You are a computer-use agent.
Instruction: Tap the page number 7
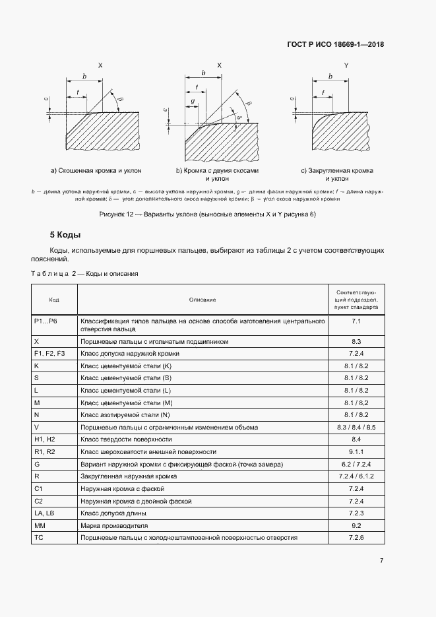tap(381, 561)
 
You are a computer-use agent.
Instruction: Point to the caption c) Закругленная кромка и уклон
tap(337, 175)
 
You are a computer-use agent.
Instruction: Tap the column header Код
tap(54, 300)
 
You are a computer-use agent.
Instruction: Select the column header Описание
tap(202, 300)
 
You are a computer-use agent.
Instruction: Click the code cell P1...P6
tap(46, 321)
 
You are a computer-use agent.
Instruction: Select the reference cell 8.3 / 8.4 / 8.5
tap(356, 427)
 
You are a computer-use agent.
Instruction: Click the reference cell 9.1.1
tap(356, 451)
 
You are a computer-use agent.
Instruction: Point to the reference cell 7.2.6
tap(356, 537)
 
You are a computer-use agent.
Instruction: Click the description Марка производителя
tap(114, 525)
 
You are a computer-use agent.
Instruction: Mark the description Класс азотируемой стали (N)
tap(125, 414)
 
